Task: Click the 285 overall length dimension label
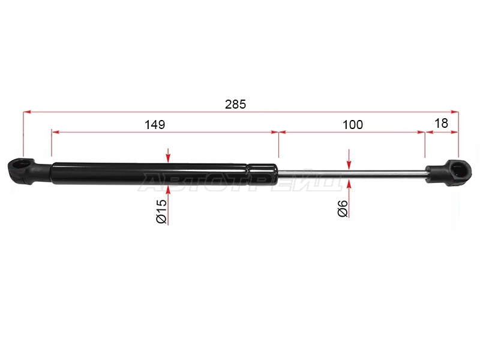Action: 235,104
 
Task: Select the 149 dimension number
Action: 155,125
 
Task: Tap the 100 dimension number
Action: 353,125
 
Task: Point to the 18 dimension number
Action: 441,123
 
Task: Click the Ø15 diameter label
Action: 161,211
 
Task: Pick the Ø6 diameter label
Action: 343,208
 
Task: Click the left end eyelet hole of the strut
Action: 20,166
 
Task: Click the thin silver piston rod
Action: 352,174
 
